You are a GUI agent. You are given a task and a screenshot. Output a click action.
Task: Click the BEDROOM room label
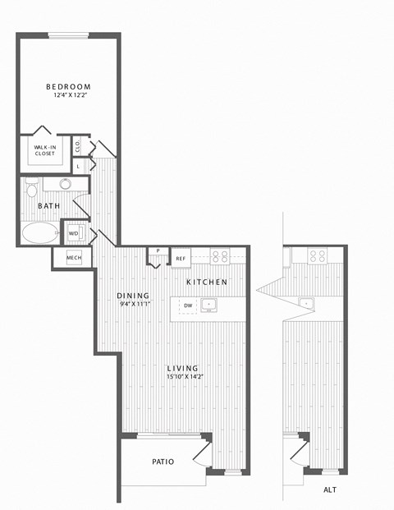coord(68,87)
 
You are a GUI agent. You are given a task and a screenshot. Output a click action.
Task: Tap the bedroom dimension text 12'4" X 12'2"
coord(71,95)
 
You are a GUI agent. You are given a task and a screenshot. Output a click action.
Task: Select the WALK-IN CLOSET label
coord(45,150)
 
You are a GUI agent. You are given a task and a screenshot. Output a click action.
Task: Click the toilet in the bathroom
coord(31,188)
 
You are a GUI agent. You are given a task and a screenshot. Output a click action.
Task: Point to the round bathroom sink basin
coord(66,184)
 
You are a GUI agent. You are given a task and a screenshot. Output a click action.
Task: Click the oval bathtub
coord(40,232)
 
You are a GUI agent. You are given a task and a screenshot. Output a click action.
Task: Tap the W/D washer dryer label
coord(73,233)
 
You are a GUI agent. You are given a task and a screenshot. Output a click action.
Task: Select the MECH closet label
coord(74,258)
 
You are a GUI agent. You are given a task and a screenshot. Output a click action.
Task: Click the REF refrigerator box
coord(181,258)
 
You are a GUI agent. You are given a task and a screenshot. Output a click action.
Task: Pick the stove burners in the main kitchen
coord(220,256)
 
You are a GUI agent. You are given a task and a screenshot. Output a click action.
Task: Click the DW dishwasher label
coord(188,306)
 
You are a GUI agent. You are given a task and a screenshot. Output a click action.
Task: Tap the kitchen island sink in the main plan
coord(208,305)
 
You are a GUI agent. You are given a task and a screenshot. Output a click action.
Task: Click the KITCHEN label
coord(207,282)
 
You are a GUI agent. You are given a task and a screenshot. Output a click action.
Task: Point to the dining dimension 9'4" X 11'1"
coord(135,305)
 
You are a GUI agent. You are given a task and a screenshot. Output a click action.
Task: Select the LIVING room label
coord(183,368)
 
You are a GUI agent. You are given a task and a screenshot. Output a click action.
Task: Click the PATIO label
coord(163,462)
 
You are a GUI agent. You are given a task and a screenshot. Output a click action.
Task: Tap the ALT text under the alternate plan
coord(330,489)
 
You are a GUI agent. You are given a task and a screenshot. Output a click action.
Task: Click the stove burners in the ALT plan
coord(318,256)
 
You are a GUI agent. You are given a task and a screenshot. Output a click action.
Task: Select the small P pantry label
coord(158,250)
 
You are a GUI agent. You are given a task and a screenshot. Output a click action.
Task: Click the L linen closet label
coord(78,167)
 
